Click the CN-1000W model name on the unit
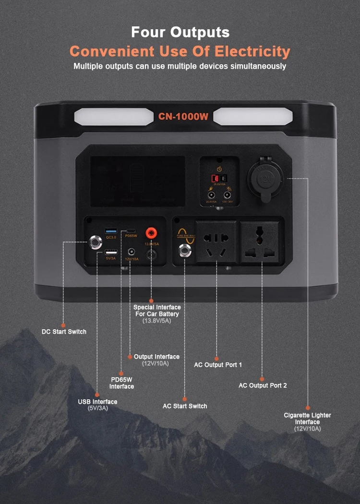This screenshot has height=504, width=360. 183,116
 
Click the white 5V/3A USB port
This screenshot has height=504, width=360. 110,252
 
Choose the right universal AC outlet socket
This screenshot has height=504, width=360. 262,242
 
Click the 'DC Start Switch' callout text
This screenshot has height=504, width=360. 64,332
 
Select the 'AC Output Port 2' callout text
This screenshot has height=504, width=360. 263,385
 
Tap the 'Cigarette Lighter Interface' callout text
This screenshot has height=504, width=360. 307,419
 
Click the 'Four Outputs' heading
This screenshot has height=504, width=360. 180,32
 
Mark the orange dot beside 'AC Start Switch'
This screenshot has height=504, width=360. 185,399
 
